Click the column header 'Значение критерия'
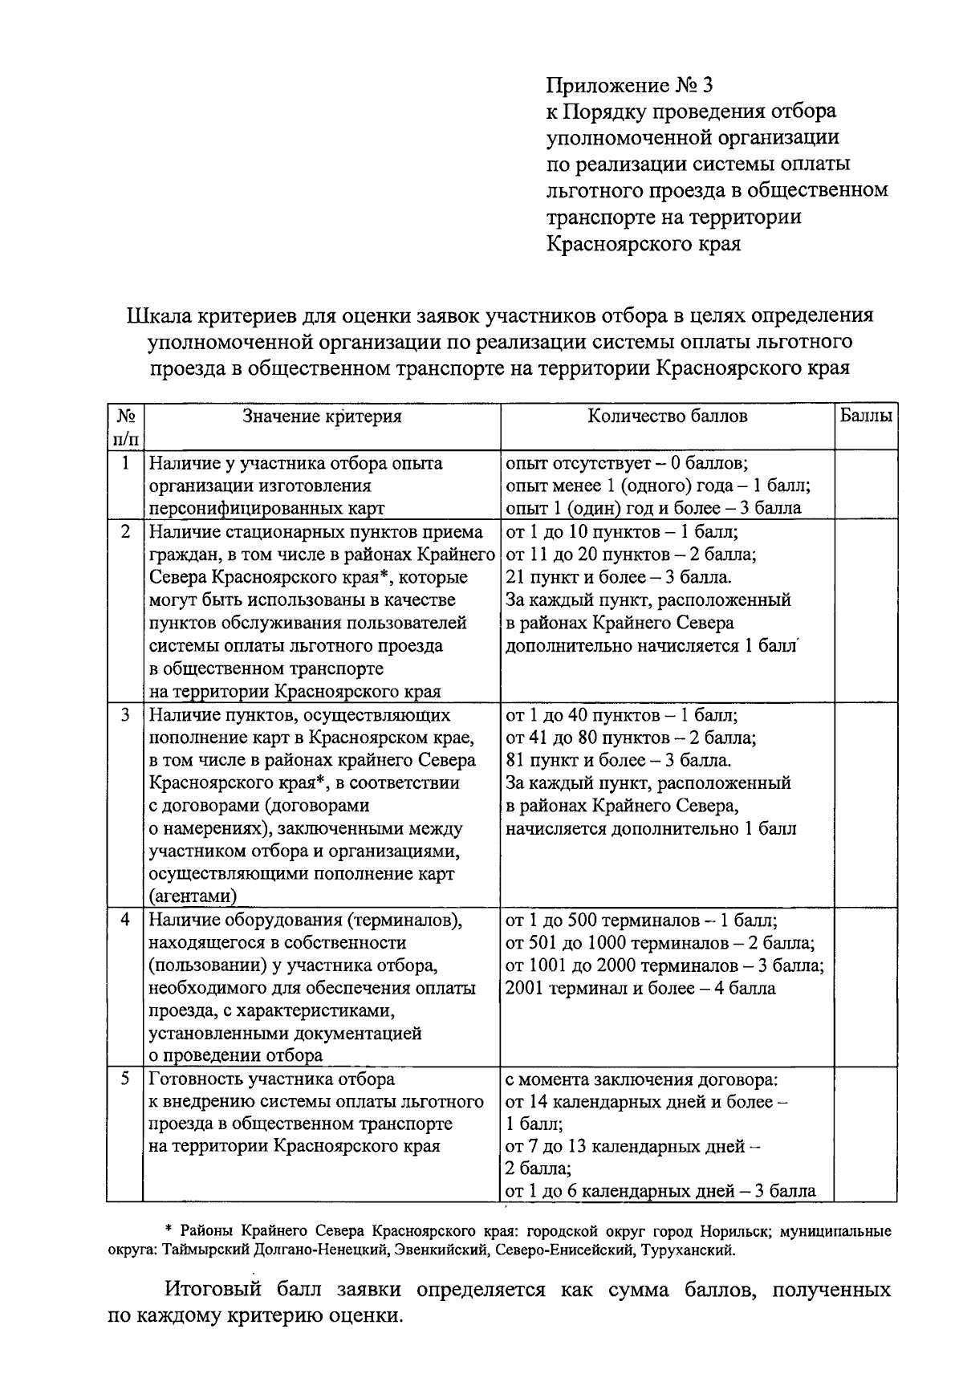click(323, 416)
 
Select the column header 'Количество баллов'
click(668, 416)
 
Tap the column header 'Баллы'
click(866, 416)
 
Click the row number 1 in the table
click(124, 463)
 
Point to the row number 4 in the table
click(124, 919)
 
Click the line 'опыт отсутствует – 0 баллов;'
click(627, 463)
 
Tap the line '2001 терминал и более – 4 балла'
click(640, 988)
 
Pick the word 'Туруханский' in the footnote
click(693, 1250)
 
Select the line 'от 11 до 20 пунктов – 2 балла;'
click(631, 555)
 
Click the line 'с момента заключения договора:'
click(642, 1079)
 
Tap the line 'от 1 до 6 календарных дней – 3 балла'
click(660, 1191)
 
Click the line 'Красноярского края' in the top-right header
click(644, 244)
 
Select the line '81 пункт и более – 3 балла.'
click(618, 760)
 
